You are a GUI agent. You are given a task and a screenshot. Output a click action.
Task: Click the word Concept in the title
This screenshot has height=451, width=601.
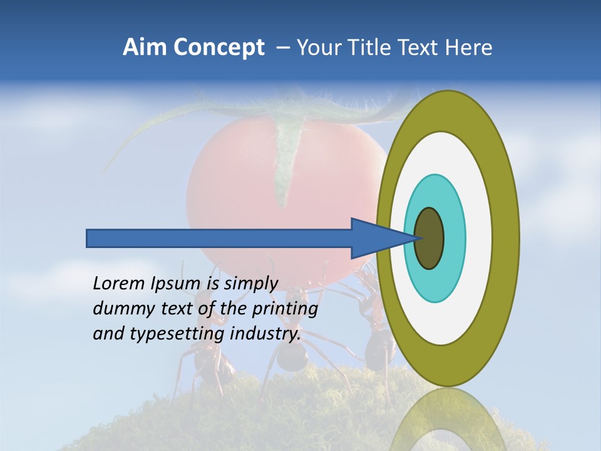click(218, 48)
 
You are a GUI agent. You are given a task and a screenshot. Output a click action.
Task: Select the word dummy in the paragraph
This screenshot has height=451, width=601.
click(120, 309)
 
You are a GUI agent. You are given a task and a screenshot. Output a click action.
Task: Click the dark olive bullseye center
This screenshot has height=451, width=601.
click(429, 238)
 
